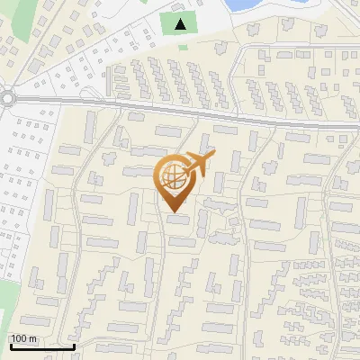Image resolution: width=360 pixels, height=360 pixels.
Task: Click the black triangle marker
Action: (182, 23)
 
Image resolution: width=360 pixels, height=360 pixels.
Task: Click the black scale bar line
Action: (41, 346)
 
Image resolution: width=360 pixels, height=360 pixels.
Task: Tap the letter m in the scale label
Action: (32, 339)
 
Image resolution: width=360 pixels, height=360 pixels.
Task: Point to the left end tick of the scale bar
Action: (9, 345)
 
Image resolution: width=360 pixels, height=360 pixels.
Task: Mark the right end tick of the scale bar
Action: (74, 345)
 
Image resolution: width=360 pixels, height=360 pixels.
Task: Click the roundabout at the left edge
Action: (7, 98)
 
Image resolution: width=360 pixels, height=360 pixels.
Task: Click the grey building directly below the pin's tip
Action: (178, 219)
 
